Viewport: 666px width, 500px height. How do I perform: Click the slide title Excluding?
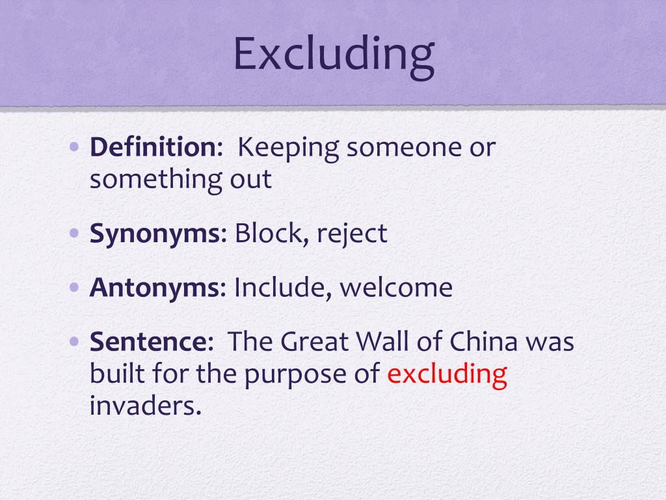coord(333,55)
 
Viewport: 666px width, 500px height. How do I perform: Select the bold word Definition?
coord(155,148)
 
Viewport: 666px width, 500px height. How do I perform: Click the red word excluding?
coord(447,374)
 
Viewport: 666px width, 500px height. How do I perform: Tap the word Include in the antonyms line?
coord(282,287)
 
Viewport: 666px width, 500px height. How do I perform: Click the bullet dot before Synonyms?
coord(75,233)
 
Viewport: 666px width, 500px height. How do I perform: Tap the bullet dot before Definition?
coord(75,147)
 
